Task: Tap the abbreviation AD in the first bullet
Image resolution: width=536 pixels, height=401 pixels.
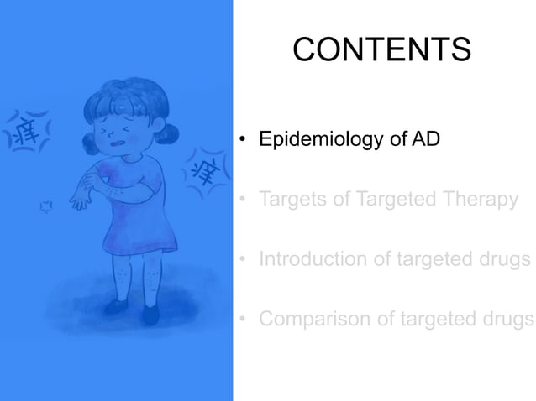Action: coord(427,139)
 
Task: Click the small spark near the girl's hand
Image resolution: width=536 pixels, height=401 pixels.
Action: coord(46,205)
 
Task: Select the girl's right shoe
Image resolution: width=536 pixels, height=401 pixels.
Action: coord(150,314)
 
